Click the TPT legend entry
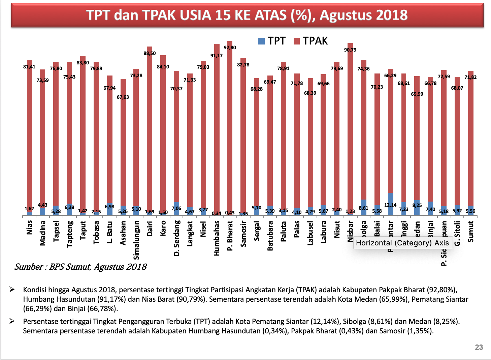pos(272,41)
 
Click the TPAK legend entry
pos(310,41)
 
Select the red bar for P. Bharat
pos(230,128)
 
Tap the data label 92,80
pos(230,48)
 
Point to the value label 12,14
pos(390,205)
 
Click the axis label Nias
pos(29,227)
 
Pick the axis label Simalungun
pos(136,240)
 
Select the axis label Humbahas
pos(216,238)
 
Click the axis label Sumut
pos(470,231)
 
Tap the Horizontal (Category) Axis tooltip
pos(402,243)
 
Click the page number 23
pos(479,347)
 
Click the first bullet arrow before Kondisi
pos(12,290)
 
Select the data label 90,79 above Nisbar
pos(350,50)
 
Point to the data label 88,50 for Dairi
pos(150,53)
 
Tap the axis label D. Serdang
pos(176,238)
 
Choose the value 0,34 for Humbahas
pos(216,213)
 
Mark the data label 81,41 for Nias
pos(29,67)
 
